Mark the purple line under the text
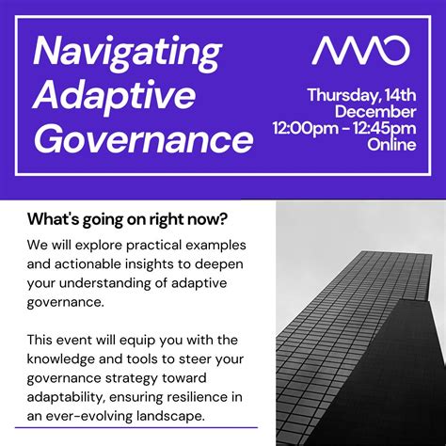(142, 428)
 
